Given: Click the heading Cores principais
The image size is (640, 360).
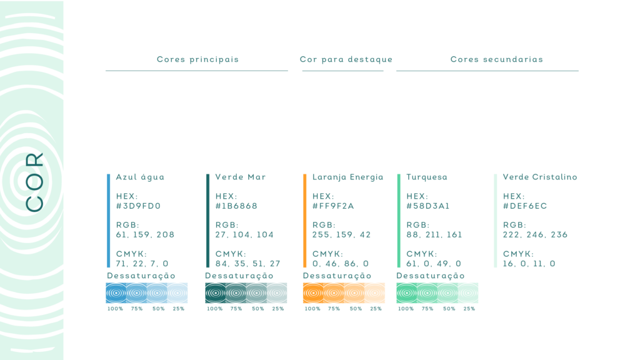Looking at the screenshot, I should [197, 59].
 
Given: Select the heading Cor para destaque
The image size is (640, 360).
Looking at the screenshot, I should [346, 59].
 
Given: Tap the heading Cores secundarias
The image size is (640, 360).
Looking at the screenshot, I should [496, 59].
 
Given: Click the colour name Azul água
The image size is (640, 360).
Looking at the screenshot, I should [140, 177].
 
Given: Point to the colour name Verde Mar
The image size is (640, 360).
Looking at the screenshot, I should [240, 177].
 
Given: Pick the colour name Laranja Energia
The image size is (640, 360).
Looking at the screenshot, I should [347, 177].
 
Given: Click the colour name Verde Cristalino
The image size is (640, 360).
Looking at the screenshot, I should [539, 177].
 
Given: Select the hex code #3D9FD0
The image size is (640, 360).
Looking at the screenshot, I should [138, 206].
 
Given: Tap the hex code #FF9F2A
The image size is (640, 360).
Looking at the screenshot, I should [333, 206].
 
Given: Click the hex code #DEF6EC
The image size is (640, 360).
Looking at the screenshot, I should [525, 206].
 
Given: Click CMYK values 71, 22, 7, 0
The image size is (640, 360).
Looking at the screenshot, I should [142, 264].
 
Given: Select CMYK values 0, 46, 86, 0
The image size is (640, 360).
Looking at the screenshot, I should [341, 264].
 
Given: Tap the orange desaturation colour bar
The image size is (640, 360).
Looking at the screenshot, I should [344, 293].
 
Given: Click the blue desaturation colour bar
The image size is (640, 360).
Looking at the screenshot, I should [146, 293].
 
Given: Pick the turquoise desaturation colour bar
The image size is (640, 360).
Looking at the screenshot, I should [437, 293].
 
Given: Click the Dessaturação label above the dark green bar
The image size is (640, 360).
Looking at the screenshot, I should [239, 276].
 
